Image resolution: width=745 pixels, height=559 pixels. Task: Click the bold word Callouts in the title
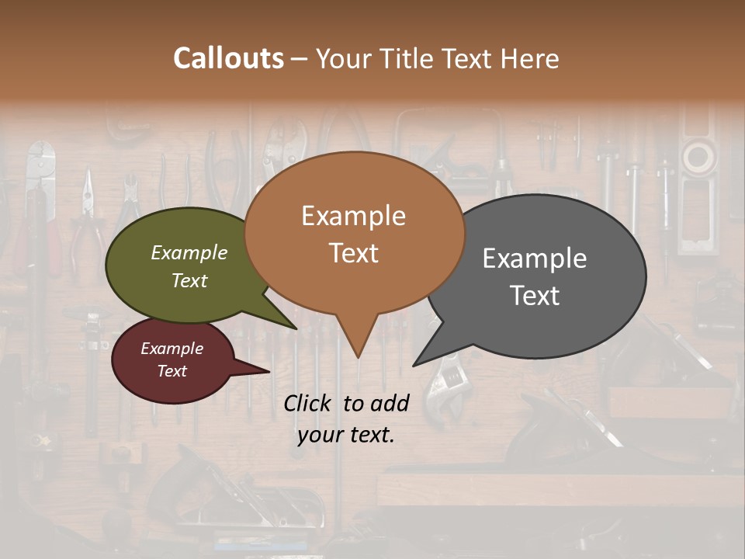[x=228, y=59]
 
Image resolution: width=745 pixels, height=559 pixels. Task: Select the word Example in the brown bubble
[x=353, y=216]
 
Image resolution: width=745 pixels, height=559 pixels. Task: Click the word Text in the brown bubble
[x=353, y=253]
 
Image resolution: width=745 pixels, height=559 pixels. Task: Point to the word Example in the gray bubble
[x=535, y=259]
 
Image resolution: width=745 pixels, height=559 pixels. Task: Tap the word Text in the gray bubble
[x=535, y=296]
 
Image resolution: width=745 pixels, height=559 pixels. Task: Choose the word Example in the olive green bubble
[x=189, y=253]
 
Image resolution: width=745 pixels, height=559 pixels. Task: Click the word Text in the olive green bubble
[x=189, y=281]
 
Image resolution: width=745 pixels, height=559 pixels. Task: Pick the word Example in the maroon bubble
[x=172, y=349]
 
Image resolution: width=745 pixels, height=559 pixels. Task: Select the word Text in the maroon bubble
[x=172, y=371]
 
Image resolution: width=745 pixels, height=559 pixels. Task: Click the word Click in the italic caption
[x=309, y=403]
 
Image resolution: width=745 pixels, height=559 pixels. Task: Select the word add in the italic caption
[x=390, y=403]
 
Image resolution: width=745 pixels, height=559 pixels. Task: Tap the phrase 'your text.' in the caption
[x=346, y=435]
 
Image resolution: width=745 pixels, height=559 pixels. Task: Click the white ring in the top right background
[x=698, y=158]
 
